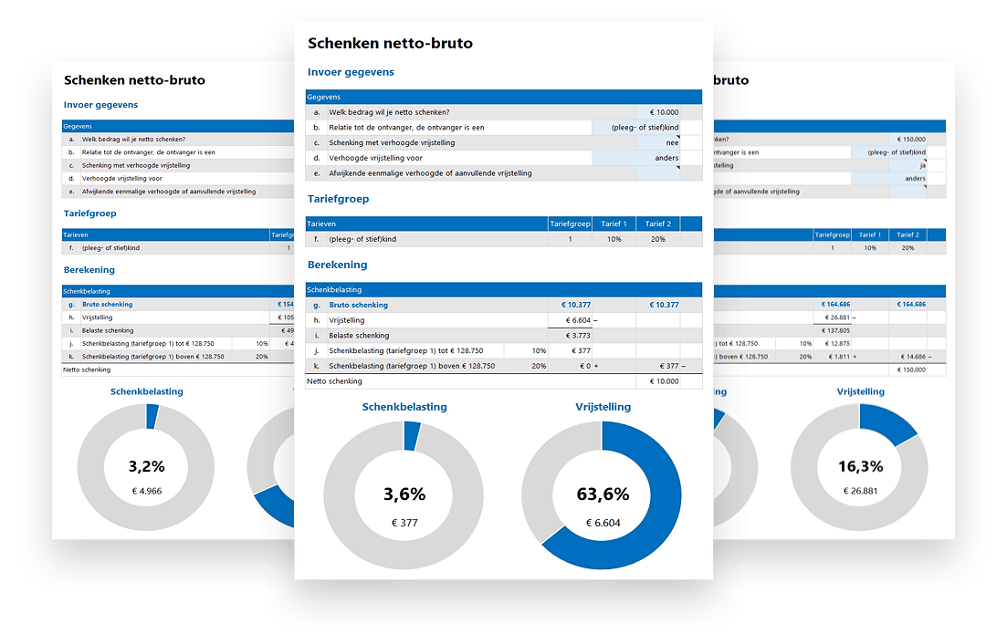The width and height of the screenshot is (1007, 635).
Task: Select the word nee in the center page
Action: click(672, 143)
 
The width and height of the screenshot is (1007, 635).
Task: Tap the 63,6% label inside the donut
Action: click(602, 494)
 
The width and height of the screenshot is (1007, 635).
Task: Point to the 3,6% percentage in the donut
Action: click(404, 494)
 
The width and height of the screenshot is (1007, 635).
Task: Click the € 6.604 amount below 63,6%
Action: click(602, 523)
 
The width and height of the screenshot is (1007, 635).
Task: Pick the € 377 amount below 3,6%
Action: click(404, 523)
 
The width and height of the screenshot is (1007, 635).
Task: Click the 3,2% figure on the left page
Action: click(146, 466)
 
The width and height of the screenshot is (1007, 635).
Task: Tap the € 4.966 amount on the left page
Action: click(146, 491)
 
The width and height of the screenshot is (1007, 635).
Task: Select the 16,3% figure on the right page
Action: click(860, 466)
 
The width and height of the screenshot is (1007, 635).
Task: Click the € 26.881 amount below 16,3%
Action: click(860, 491)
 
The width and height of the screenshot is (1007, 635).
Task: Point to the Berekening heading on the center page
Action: click(337, 265)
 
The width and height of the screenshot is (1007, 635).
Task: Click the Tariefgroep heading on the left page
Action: click(89, 213)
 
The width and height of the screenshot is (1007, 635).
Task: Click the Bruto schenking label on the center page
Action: click(358, 305)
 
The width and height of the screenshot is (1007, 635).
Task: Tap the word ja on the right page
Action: click(922, 166)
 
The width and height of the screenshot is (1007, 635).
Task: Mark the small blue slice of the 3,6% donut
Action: click(412, 435)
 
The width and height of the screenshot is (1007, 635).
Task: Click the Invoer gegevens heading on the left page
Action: click(100, 105)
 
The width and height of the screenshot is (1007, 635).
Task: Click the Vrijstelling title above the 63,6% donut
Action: click(603, 407)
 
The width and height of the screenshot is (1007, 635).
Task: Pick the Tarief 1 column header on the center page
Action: click(614, 224)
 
